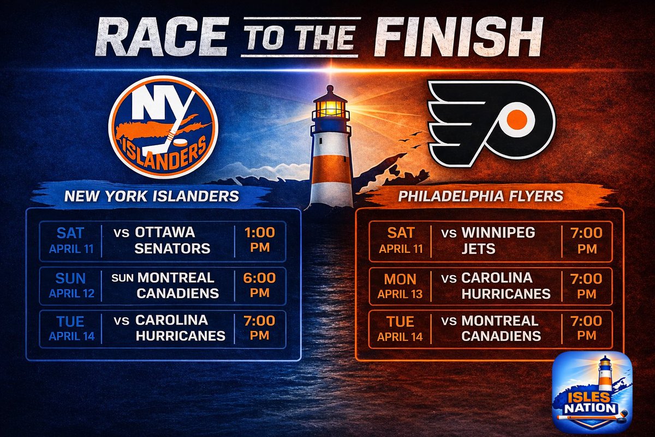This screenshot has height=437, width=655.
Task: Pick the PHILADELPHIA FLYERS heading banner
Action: click(x=480, y=196)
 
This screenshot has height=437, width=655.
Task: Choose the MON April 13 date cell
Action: click(x=400, y=285)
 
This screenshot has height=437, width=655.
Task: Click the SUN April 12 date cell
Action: click(x=71, y=285)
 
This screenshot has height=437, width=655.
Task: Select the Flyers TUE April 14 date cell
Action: click(x=400, y=328)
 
